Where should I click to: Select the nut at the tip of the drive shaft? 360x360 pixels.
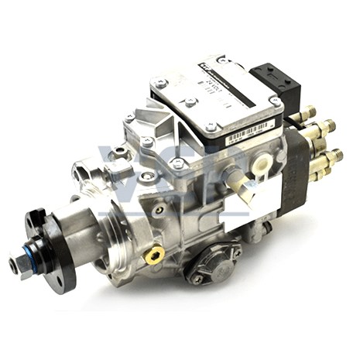click(x=16, y=264)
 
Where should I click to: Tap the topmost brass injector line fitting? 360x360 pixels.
click(x=308, y=113)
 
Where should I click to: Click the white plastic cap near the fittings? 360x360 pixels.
click(x=262, y=163)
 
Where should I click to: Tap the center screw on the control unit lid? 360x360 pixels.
click(x=190, y=101)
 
